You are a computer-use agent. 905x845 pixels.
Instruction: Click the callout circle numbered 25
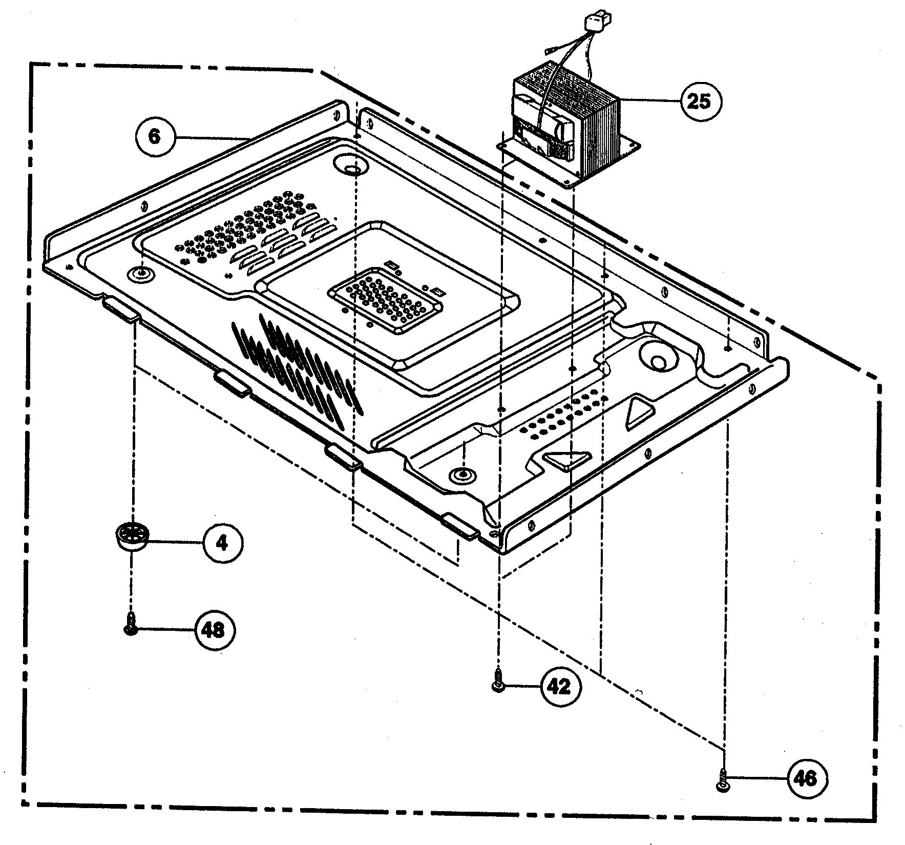(x=700, y=101)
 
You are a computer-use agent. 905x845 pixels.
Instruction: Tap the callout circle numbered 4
(x=221, y=543)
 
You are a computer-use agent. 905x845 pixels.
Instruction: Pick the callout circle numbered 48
(x=214, y=630)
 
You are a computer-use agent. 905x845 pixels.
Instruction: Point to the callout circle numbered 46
(x=806, y=779)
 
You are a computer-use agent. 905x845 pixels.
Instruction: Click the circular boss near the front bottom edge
(x=461, y=475)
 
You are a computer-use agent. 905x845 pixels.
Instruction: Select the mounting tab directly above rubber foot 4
(x=120, y=311)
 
